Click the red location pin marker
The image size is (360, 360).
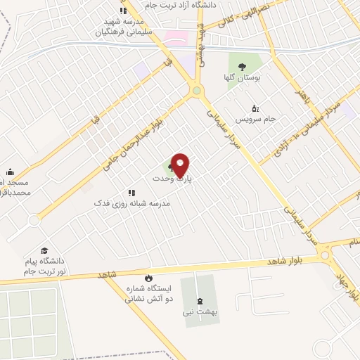[181, 165]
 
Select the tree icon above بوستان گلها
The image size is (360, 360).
[243, 67]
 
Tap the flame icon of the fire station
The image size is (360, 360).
[147, 278]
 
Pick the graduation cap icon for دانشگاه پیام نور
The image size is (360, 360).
[44, 250]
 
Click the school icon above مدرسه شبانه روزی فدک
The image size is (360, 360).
[131, 192]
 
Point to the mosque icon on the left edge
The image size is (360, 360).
[10, 172]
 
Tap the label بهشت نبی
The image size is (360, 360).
[198, 311]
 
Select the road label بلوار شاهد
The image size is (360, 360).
[285, 261]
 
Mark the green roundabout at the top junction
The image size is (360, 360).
[197, 90]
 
